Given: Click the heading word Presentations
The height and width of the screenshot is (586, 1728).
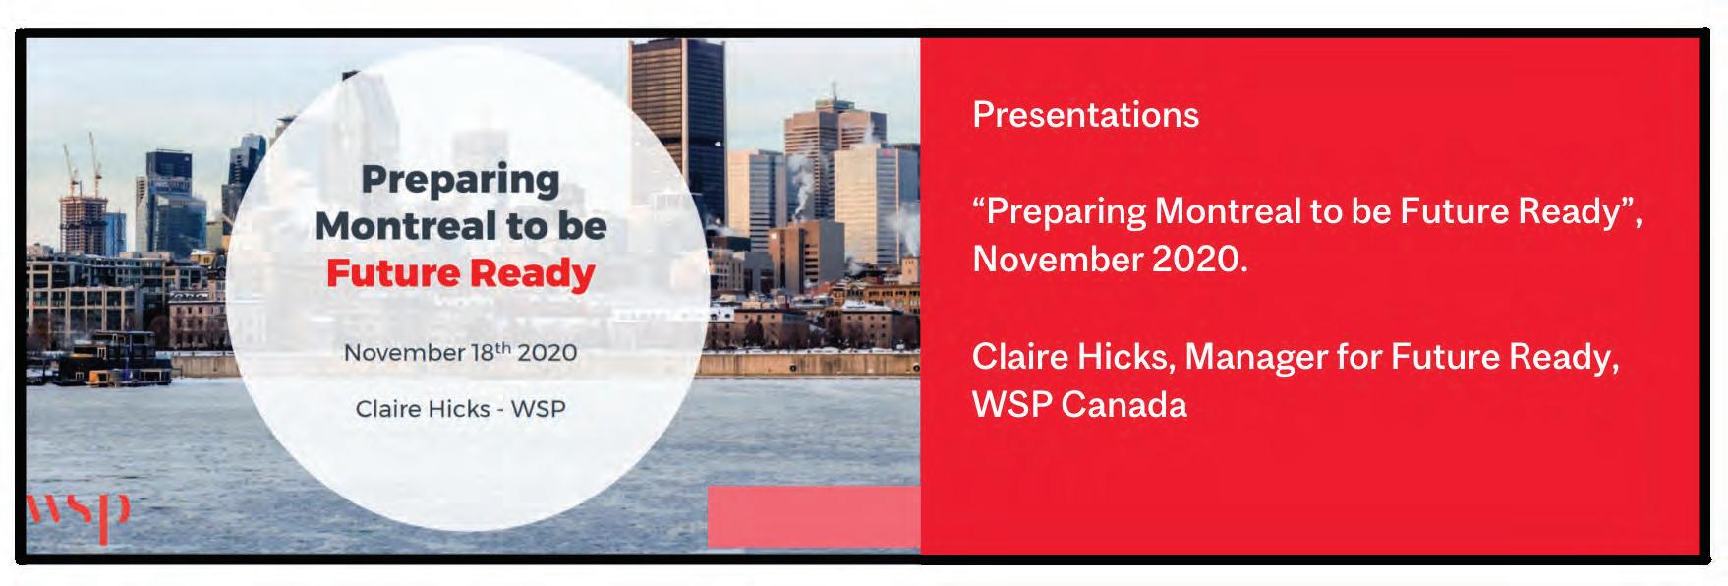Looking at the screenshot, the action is (1085, 115).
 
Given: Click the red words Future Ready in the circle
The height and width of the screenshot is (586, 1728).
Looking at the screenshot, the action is (461, 273).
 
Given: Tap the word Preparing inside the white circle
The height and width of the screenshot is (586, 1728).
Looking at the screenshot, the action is (461, 181).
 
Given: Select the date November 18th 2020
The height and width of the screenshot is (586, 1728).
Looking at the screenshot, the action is (460, 352).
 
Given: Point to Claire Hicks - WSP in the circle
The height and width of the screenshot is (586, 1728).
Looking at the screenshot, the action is (460, 408).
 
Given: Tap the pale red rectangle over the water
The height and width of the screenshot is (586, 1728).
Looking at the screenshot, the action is (814, 516).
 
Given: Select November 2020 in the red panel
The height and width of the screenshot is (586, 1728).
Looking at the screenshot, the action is (1110, 260).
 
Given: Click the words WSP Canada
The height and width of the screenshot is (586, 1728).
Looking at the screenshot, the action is (1079, 404).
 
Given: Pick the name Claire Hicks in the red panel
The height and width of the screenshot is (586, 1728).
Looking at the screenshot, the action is (1073, 357).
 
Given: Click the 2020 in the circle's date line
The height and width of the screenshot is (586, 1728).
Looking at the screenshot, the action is (547, 352).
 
